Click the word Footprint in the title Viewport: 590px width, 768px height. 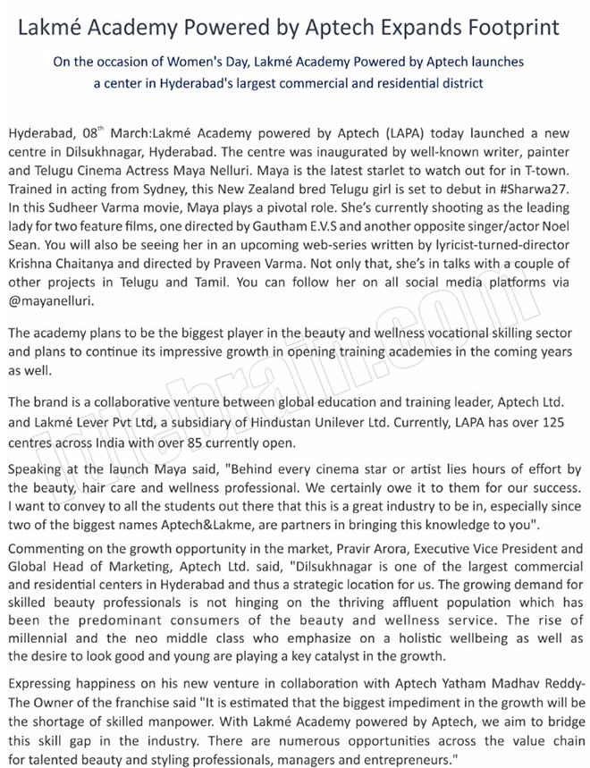coord(507,27)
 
